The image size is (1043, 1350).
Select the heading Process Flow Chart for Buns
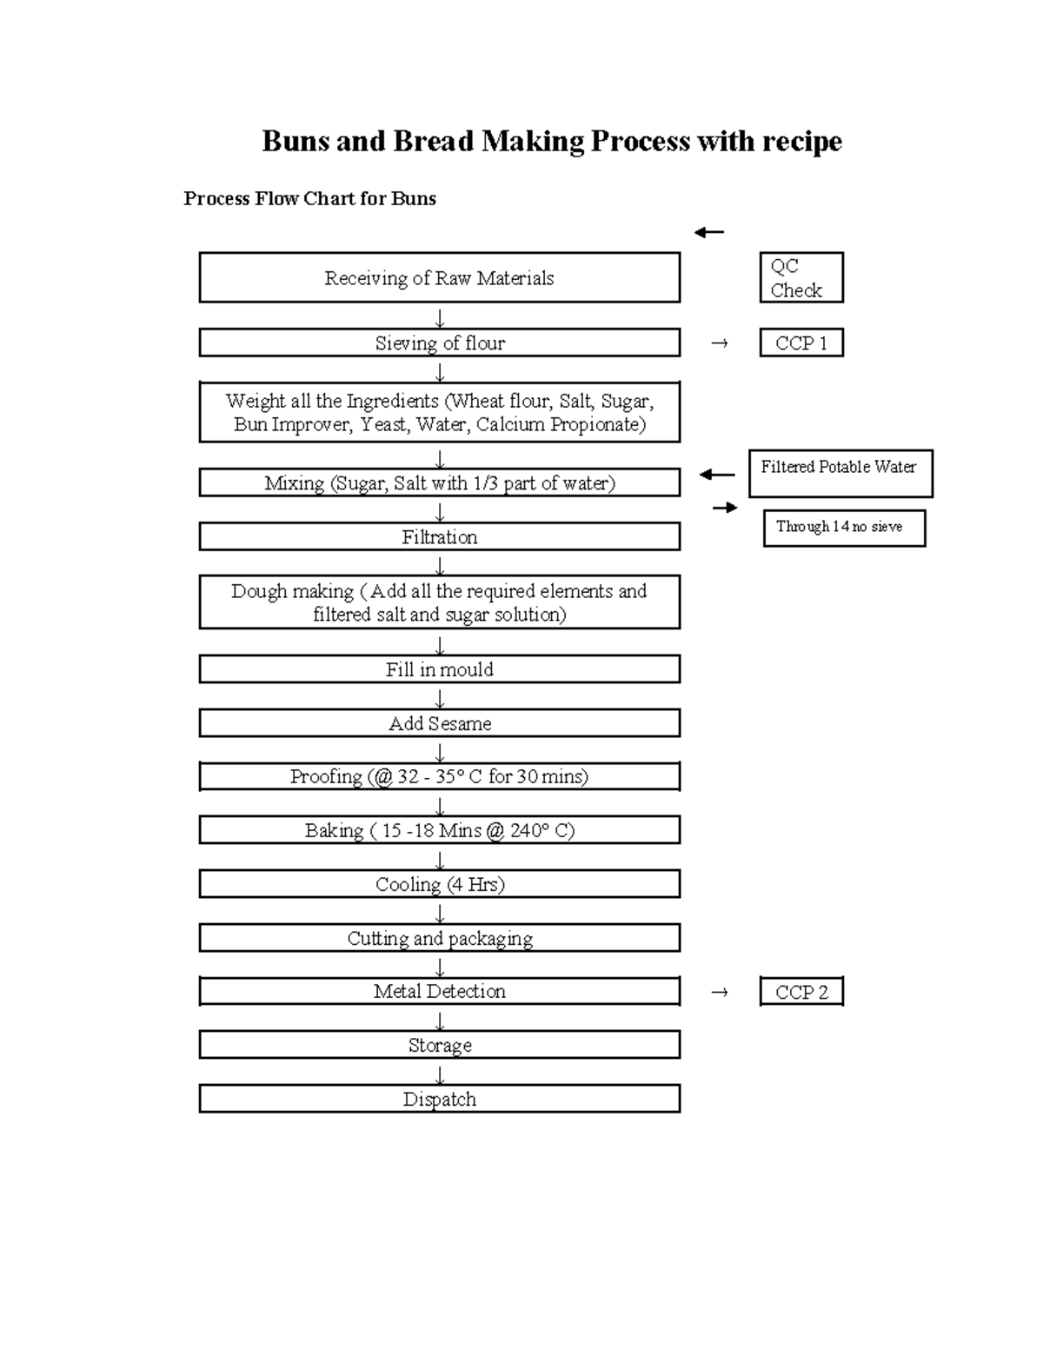coord(309,198)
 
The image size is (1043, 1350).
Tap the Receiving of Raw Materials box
coord(439,278)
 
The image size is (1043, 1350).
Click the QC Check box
coord(801,278)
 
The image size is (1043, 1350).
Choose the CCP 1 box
coord(801,343)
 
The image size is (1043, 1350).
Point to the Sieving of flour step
coord(439,343)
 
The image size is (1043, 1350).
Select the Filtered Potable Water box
coord(840,473)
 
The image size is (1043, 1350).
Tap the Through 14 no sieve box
coord(843,528)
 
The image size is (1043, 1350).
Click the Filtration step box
coord(439,537)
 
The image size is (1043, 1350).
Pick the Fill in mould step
coord(439,669)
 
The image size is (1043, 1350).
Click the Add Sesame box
coord(439,723)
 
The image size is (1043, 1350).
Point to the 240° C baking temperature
coord(541,831)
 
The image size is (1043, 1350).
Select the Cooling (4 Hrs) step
coord(439,885)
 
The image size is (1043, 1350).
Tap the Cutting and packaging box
coord(439,939)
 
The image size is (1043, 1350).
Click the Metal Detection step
coord(439,992)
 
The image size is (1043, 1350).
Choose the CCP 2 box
coord(801,992)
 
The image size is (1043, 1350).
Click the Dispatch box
coord(439,1100)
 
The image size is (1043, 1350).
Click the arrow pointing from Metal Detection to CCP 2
coord(719,992)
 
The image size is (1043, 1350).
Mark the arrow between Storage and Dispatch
coord(440,1074)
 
